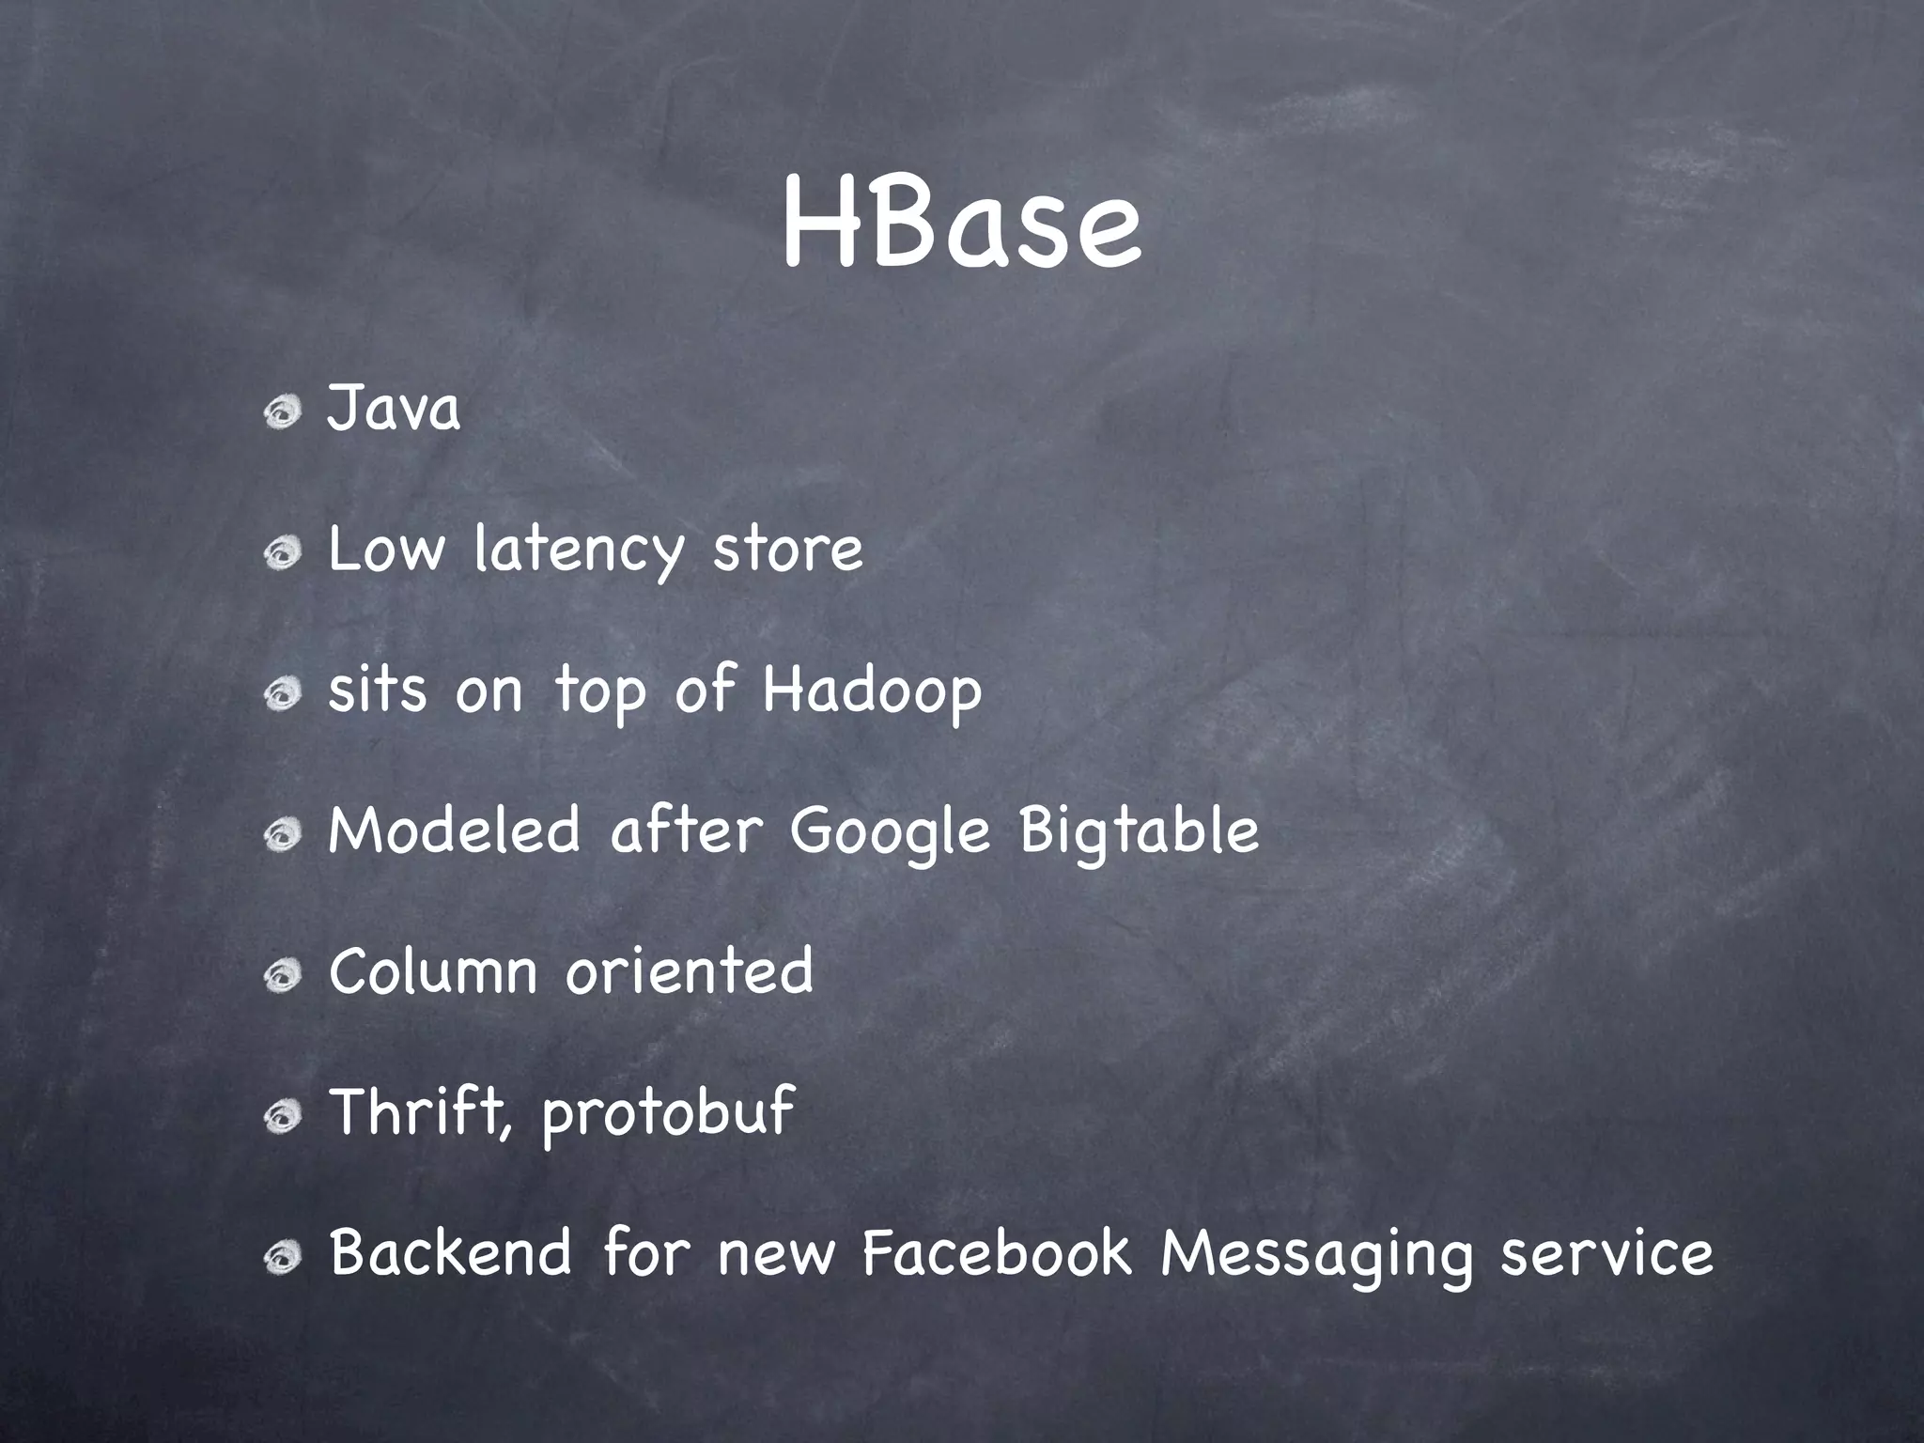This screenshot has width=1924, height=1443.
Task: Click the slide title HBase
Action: point(961,226)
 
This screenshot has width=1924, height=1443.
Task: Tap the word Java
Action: point(393,410)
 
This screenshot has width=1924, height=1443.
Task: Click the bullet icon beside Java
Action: point(281,411)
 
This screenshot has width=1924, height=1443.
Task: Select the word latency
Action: point(578,551)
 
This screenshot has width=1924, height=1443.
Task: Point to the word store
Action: point(787,551)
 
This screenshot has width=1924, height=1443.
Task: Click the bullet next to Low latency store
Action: point(281,554)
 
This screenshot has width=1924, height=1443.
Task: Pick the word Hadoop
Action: point(872,690)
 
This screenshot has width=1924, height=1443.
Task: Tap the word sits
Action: point(377,690)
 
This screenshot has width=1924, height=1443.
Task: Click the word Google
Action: point(891,832)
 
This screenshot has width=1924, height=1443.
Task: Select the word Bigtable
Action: point(1139,832)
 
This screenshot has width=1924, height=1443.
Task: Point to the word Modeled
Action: point(454,832)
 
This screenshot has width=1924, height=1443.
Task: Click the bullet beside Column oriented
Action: point(281,977)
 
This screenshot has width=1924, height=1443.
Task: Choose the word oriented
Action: point(689,971)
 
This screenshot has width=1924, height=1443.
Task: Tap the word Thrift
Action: point(420,1112)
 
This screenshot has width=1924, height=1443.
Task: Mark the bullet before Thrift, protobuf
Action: point(281,1118)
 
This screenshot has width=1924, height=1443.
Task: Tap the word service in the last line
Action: point(1606,1255)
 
